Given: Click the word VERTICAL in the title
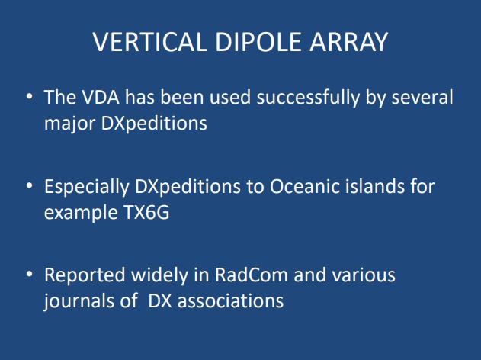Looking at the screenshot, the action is click(149, 42).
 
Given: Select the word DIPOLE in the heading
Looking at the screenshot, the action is click(258, 42).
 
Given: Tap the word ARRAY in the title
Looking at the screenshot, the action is click(349, 42).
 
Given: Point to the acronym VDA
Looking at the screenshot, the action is click(101, 98).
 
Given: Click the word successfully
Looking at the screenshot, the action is click(308, 98).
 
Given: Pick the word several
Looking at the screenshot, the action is click(422, 98).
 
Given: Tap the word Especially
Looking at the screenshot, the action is click(86, 187).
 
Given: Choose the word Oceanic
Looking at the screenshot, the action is click(305, 186).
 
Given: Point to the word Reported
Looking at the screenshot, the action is click(85, 275).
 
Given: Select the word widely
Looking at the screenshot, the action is click(159, 275).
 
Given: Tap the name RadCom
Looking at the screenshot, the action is click(252, 275).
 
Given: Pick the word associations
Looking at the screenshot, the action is click(231, 301).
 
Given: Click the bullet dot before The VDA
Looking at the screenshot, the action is click(30, 96).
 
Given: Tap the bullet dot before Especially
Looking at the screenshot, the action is click(30, 185).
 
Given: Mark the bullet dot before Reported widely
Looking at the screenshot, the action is click(30, 274).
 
